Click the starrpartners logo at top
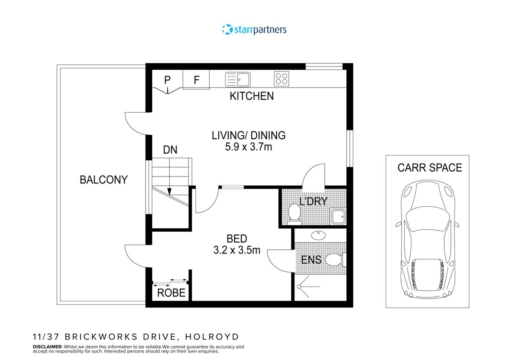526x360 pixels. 254,30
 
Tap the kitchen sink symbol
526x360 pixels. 238,80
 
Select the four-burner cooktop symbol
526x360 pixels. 281,79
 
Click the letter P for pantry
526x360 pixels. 167,80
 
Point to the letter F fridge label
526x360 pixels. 197,80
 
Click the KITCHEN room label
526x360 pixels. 252,96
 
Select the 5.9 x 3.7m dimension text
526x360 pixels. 249,147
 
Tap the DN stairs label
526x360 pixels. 170,150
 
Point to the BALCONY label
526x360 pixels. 103,180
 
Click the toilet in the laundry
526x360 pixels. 295,213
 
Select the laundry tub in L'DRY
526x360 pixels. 338,216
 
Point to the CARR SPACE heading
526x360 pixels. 430,168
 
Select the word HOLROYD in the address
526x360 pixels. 212,337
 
